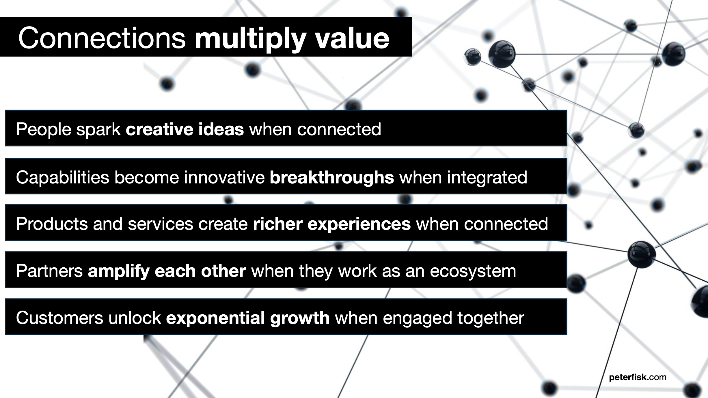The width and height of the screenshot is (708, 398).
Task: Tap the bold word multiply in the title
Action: (x=250, y=40)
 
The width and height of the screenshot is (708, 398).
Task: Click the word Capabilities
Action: (x=63, y=177)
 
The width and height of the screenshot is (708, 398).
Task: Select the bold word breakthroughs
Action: (x=332, y=177)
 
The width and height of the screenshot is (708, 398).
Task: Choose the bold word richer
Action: (x=278, y=224)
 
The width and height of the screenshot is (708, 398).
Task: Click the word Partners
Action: (x=49, y=271)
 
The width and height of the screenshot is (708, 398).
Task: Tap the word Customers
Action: (x=59, y=318)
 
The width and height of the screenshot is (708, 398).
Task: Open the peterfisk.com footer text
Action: (x=638, y=377)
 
